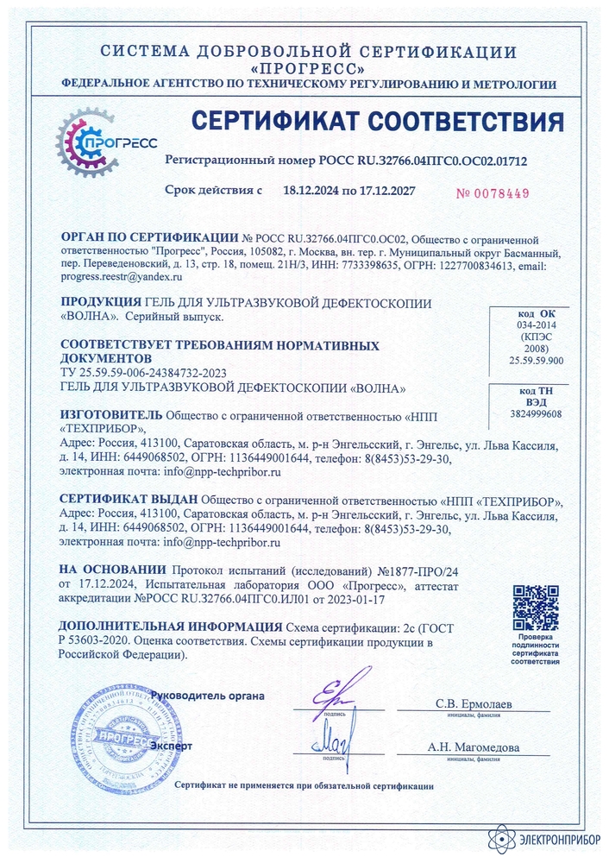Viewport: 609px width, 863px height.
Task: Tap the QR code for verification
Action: [535, 607]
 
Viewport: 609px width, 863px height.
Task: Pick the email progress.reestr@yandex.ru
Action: [120, 278]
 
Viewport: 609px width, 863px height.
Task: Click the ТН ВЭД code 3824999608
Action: [537, 414]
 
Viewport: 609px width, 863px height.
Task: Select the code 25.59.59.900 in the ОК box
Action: [537, 361]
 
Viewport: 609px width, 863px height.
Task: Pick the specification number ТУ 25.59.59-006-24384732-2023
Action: [144, 372]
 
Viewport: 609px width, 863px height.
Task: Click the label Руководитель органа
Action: [207, 696]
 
